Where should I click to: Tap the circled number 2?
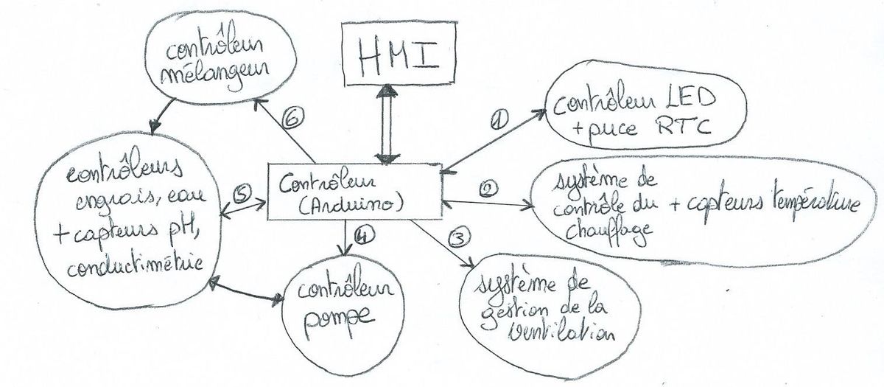[x=488, y=189]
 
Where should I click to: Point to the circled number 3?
[x=458, y=238]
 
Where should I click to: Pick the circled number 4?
[x=361, y=237]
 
